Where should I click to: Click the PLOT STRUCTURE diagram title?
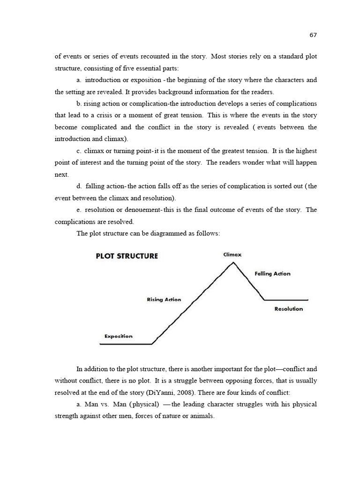(127, 256)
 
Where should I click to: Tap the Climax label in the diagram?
(232, 255)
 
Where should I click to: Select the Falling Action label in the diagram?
(272, 274)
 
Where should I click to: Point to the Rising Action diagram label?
(164, 300)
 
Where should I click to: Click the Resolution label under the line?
(288, 309)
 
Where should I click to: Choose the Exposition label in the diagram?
(118, 336)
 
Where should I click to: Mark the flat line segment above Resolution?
(286, 300)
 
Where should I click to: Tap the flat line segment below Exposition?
(126, 344)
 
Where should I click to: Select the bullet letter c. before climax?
(79, 150)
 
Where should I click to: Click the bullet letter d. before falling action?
(79, 186)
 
